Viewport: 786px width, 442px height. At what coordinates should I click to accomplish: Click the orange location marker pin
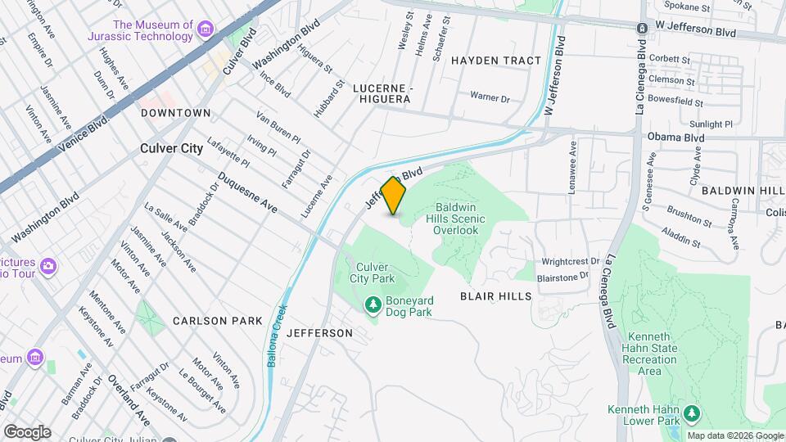(x=394, y=196)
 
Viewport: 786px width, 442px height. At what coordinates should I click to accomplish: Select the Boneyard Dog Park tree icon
(x=373, y=305)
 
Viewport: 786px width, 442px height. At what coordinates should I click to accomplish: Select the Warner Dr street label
(x=490, y=97)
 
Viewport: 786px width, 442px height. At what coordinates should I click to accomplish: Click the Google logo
(x=26, y=431)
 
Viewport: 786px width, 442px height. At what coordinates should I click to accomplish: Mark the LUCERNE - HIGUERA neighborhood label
(x=382, y=92)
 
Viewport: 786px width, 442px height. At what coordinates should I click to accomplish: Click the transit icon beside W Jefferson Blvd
(x=643, y=27)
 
